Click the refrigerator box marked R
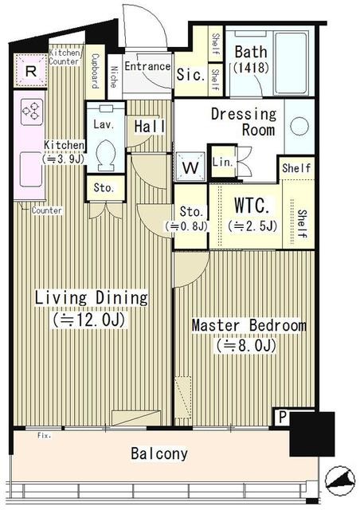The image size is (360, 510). click(x=30, y=70)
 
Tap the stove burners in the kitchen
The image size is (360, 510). click(x=32, y=112)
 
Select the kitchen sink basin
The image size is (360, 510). click(x=31, y=170)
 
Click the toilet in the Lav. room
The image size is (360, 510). click(x=107, y=155)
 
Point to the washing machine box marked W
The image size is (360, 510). click(x=190, y=167)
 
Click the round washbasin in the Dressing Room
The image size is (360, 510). click(x=299, y=126)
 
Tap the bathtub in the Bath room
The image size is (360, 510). click(x=292, y=63)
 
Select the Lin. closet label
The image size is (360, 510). click(x=223, y=162)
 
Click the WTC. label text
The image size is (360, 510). click(x=252, y=206)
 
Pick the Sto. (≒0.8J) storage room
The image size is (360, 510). click(x=190, y=217)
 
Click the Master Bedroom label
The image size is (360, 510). click(x=249, y=325)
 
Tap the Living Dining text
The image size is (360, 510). click(x=91, y=297)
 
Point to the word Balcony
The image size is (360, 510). click(x=159, y=453)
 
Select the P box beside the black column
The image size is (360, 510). click(x=282, y=417)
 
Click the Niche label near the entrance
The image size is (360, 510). click(x=114, y=76)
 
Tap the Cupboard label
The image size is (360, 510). click(x=96, y=71)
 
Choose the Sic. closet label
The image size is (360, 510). click(x=191, y=74)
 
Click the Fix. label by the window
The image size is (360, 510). click(x=45, y=436)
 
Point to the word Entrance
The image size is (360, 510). click(x=147, y=66)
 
